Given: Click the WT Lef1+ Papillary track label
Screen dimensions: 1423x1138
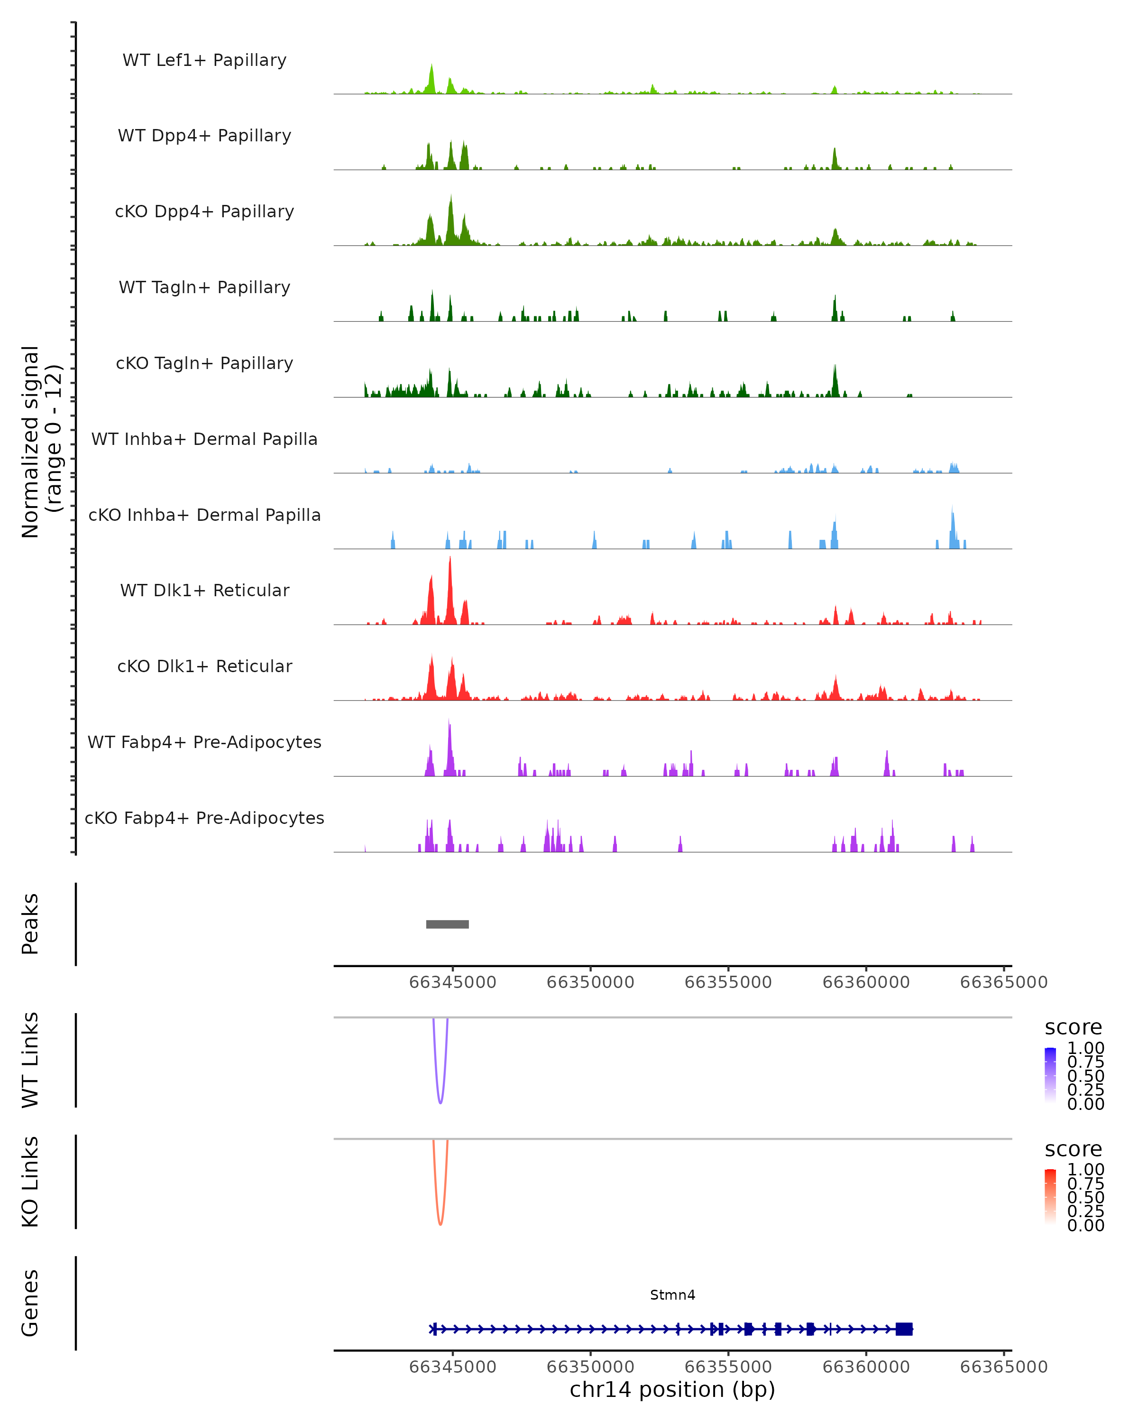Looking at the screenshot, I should pyautogui.click(x=204, y=60).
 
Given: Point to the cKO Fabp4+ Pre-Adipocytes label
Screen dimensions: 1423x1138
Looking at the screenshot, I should pyautogui.click(x=204, y=818).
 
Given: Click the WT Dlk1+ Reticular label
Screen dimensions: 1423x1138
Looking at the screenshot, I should pyautogui.click(x=204, y=590).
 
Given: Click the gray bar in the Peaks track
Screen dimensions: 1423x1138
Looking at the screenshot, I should pyautogui.click(x=447, y=924).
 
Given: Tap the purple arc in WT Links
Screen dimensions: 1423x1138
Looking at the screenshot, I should pyautogui.click(x=440, y=1101).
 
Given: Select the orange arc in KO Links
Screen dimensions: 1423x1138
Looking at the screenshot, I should pyautogui.click(x=440, y=1222).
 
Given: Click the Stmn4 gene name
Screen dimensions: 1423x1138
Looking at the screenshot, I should pyautogui.click(x=672, y=1295).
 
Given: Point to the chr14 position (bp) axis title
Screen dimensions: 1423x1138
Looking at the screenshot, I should pyautogui.click(x=672, y=1389).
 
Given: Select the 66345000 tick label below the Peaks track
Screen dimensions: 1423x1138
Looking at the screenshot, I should pyautogui.click(x=452, y=982).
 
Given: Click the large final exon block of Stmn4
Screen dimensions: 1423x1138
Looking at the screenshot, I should pyautogui.click(x=904, y=1329).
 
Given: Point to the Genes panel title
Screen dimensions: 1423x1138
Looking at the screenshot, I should pyautogui.click(x=30, y=1303).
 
